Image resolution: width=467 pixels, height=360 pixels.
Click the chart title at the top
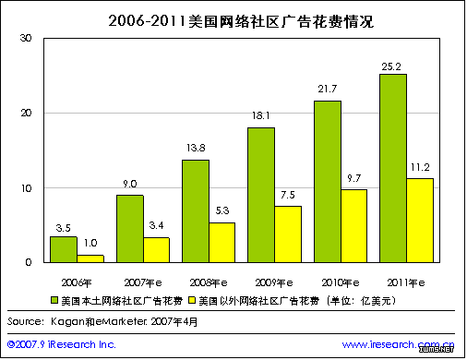[233, 18]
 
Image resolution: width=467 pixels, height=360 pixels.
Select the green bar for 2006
[63, 249]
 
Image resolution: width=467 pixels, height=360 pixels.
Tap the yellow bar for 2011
[420, 220]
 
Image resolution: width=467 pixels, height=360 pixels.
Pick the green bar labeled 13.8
[196, 210]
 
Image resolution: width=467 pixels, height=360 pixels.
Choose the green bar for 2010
[328, 181]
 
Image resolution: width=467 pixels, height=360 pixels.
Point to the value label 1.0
[90, 241]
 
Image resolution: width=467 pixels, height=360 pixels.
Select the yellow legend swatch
[191, 300]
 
